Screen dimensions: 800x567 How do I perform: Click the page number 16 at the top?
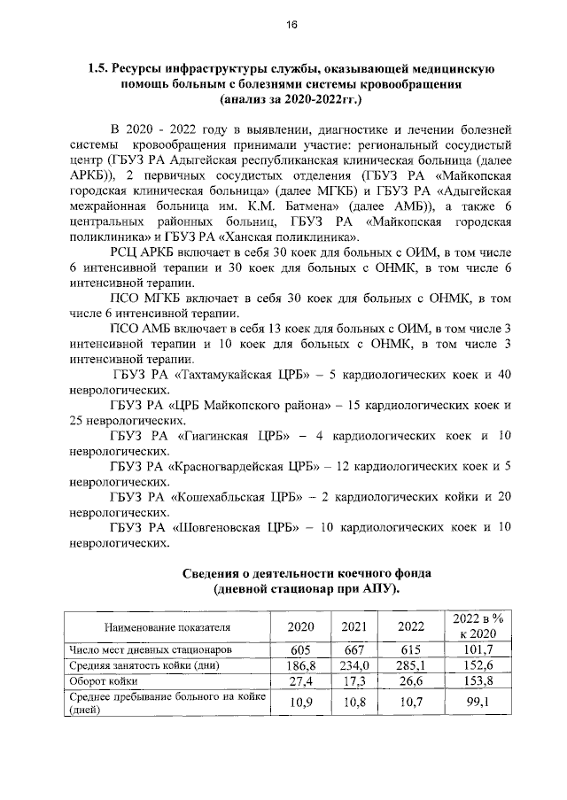point(291,25)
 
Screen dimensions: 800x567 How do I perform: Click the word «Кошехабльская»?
point(230,497)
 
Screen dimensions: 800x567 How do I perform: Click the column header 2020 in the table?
point(300,627)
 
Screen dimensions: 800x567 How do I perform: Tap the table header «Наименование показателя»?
point(167,628)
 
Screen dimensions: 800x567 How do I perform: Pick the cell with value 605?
point(300,649)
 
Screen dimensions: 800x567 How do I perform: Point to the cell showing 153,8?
point(478,681)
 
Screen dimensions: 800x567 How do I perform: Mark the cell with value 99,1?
point(478,703)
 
